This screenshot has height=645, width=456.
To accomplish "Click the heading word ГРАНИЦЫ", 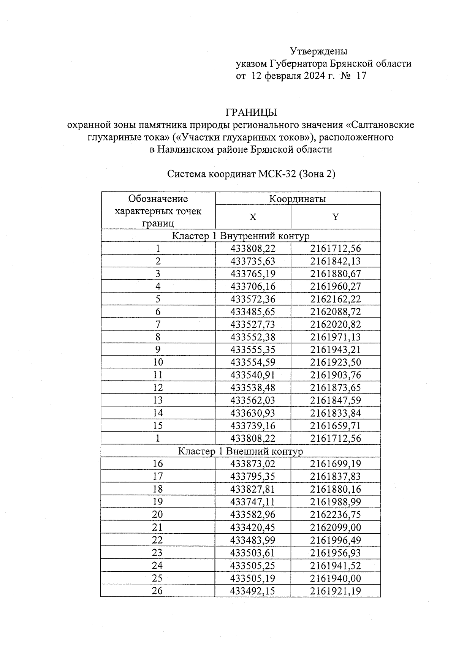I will [251, 112].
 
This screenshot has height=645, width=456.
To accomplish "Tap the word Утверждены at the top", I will [318, 51].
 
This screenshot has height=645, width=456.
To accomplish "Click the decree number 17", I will [361, 76].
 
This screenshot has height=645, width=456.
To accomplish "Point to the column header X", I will [253, 217].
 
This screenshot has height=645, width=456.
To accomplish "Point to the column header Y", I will [336, 217].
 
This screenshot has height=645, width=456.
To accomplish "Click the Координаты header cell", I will [298, 199].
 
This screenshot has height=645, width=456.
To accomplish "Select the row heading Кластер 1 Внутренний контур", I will [241, 236].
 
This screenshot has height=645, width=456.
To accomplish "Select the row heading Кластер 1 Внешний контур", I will [241, 451].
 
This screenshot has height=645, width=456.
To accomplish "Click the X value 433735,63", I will [253, 261].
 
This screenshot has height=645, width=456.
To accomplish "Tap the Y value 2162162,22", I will [336, 299].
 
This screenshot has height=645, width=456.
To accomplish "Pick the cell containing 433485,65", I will [253, 312].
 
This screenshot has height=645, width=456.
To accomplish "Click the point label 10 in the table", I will [158, 362].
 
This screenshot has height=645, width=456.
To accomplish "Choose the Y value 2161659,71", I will [336, 426].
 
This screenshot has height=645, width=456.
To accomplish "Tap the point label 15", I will [158, 426].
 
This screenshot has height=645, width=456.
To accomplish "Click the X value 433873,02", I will [253, 464].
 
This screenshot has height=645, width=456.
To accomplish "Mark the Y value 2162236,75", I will [336, 515].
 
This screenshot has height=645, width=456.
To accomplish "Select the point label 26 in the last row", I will [157, 591].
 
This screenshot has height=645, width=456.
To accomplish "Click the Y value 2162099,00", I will [336, 527].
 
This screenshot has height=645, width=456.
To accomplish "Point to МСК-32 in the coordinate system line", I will [278, 174].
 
